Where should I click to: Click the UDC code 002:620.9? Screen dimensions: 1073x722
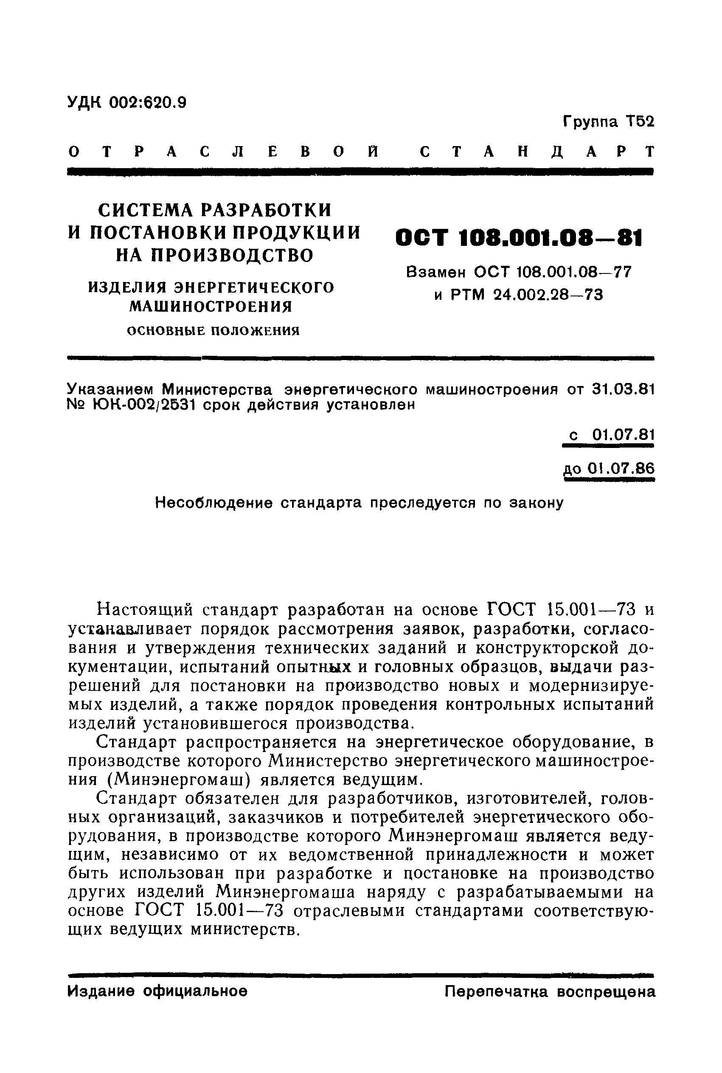point(148,102)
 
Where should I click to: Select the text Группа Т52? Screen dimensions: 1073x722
point(608,121)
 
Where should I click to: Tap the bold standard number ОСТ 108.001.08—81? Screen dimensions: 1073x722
point(519,239)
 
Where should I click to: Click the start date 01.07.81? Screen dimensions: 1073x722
point(623,434)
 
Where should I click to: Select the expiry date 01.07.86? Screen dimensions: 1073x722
point(621,469)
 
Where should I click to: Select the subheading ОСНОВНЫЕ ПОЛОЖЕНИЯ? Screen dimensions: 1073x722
point(213,330)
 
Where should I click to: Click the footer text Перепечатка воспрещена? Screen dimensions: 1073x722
point(550,991)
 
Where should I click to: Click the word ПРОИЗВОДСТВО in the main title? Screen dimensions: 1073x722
point(237,255)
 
